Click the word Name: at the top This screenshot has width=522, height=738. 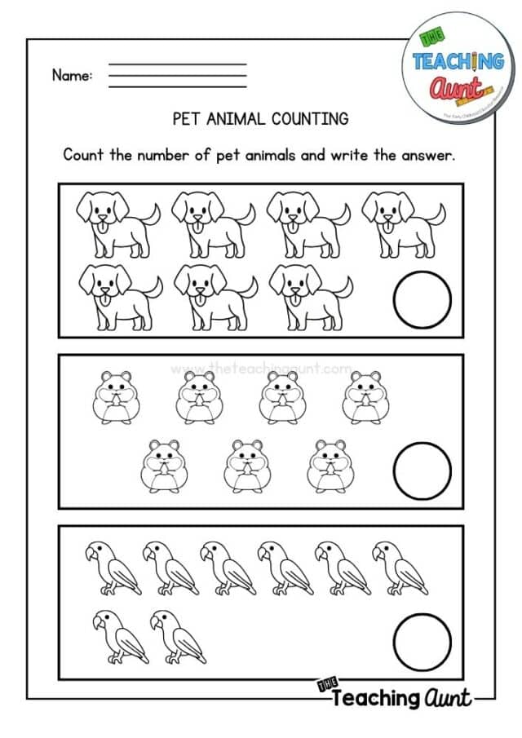(72, 76)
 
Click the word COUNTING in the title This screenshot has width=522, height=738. (307, 119)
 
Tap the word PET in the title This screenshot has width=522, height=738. (188, 119)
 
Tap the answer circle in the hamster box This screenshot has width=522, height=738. (422, 470)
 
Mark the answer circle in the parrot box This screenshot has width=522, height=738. (422, 640)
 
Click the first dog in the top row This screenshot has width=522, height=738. (114, 219)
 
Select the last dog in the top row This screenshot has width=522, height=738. (402, 219)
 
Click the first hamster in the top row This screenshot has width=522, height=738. (113, 397)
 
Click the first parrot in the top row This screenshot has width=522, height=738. (104, 568)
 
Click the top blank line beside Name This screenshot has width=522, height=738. (177, 64)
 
